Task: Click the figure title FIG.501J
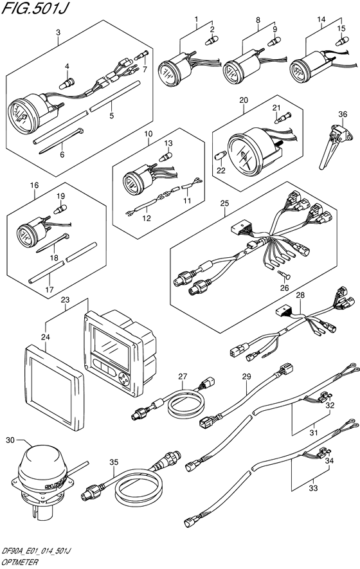35,8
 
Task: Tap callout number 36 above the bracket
343,114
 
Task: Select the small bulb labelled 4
67,84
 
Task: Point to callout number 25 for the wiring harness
224,203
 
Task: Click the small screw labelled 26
285,275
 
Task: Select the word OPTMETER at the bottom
20,562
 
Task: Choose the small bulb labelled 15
342,41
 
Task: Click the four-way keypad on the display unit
124,379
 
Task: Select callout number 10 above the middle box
148,134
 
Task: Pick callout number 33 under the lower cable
313,488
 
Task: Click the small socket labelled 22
219,157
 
